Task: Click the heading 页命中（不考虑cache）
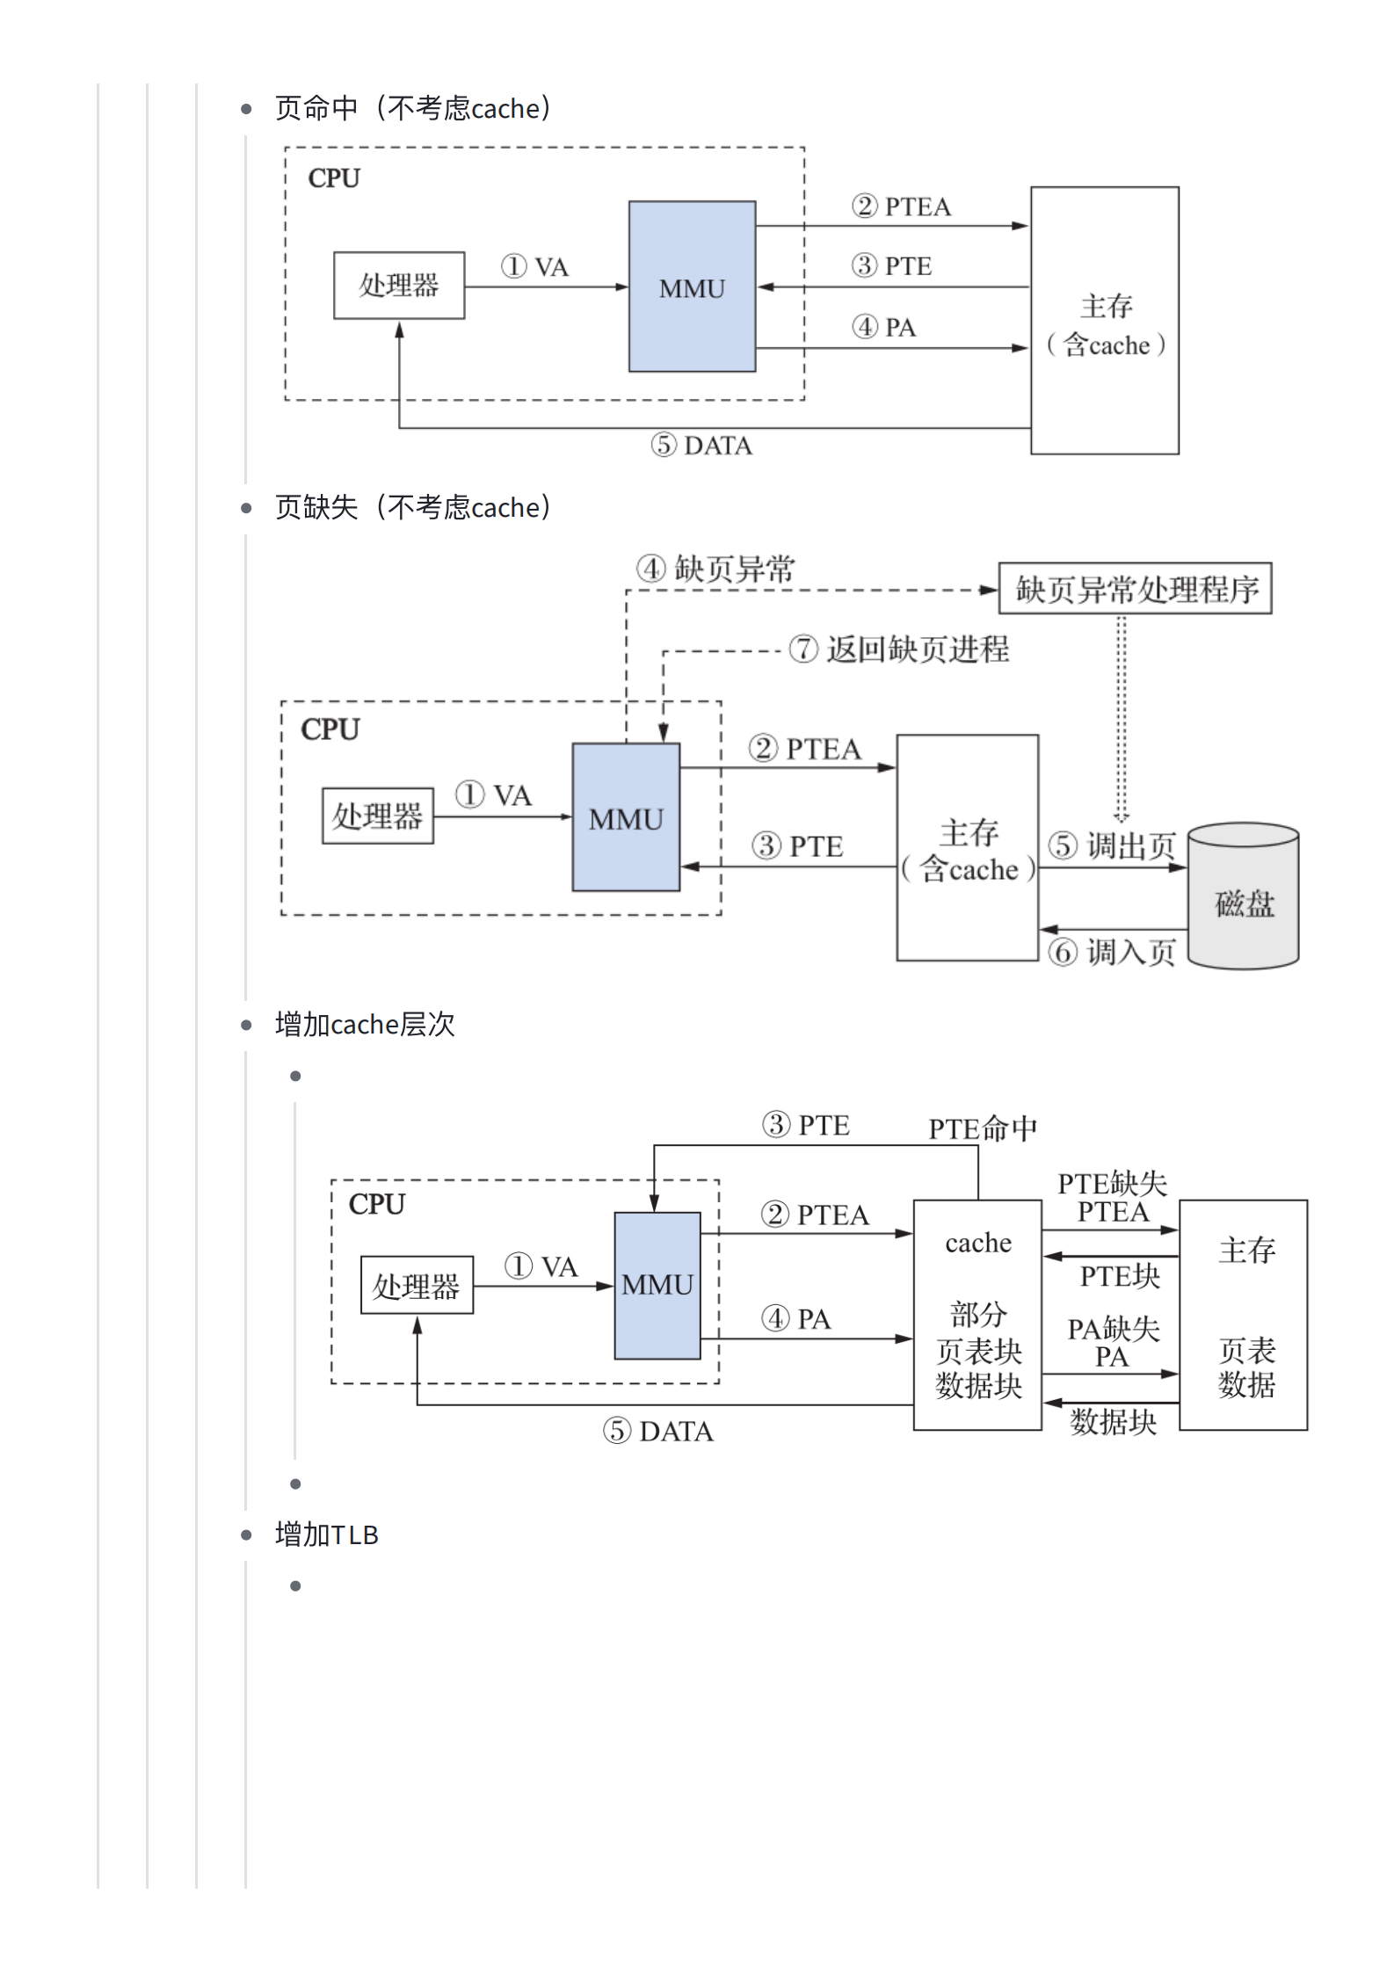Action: (413, 108)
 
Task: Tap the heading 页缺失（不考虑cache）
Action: (413, 507)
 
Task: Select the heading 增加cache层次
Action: (365, 1024)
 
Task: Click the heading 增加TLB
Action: (327, 1534)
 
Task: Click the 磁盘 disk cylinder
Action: (1244, 896)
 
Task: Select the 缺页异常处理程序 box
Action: (1136, 588)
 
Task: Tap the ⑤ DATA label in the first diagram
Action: (701, 446)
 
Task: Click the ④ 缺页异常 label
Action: (715, 569)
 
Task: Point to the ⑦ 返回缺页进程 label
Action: (899, 649)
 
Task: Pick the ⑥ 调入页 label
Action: (1112, 952)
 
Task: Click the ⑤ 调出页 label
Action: (1112, 845)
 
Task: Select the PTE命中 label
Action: (983, 1128)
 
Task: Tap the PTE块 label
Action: (1120, 1275)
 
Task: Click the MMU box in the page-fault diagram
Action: (626, 817)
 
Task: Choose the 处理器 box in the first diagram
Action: (399, 286)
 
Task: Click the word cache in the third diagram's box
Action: (978, 1243)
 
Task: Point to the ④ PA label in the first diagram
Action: (884, 327)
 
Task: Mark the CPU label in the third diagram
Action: (377, 1204)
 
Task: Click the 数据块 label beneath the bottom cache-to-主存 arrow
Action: (1114, 1421)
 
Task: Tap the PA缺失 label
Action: (1114, 1328)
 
